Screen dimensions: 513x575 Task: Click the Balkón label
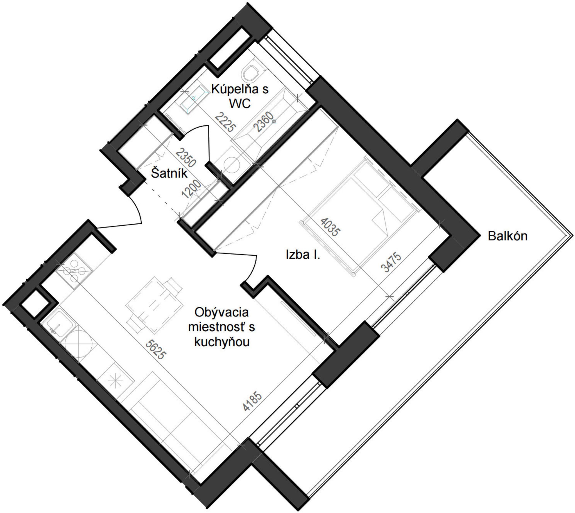(x=508, y=236)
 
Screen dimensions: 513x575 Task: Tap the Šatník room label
(x=169, y=173)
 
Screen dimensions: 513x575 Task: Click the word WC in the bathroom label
(x=240, y=104)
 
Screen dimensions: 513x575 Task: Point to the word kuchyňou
(x=222, y=342)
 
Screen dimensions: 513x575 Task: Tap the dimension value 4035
(x=331, y=227)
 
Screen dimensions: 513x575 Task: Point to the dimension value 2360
(x=263, y=122)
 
